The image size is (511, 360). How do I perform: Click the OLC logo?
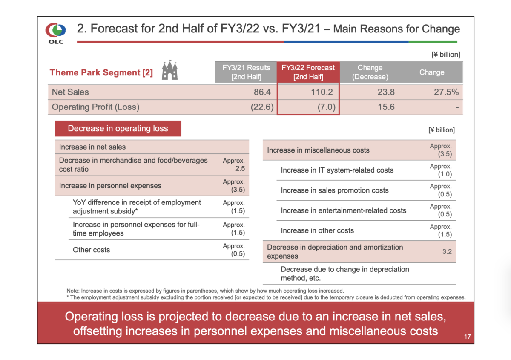56,32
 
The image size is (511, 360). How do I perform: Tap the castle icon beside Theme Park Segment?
170,71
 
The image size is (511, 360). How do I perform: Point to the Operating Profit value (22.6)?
261,107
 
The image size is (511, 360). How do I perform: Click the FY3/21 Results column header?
246,72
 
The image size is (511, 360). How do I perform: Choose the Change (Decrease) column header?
370,72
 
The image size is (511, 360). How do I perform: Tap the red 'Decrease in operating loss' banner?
118,129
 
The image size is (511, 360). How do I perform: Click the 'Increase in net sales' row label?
92,147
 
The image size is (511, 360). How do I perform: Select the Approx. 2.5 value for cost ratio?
234,164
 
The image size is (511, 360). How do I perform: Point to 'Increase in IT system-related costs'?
337,170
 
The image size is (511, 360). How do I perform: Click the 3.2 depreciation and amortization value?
446,251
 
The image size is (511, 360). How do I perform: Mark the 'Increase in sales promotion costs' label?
335,190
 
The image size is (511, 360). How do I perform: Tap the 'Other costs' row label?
91,250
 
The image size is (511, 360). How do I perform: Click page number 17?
467,337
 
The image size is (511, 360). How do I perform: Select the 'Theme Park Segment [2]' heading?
101,72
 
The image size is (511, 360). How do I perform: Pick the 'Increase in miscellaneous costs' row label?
318,150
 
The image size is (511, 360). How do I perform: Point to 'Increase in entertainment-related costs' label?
344,210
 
